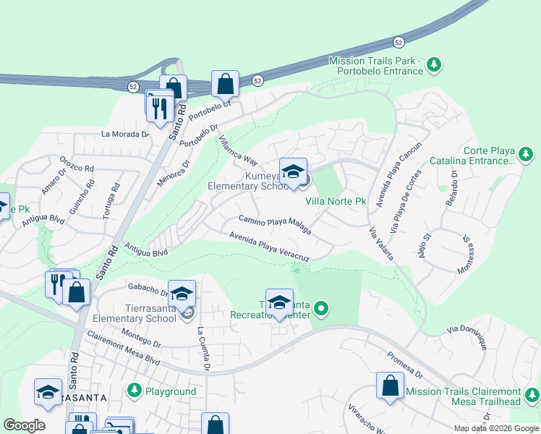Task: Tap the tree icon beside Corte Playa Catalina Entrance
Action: click(x=527, y=154)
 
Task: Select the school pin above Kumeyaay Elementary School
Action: click(x=293, y=172)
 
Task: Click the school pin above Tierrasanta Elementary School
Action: click(x=182, y=294)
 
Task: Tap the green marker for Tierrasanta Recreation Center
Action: click(x=321, y=310)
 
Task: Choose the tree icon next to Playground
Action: click(x=134, y=391)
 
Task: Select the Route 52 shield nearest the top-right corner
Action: click(x=399, y=43)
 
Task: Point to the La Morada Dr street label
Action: click(x=125, y=134)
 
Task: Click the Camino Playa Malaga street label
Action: click(x=276, y=225)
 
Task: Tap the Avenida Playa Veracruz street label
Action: click(x=269, y=247)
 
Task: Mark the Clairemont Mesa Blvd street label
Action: click(x=122, y=348)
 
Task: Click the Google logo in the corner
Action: click(x=24, y=425)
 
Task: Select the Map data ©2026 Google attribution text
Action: click(x=496, y=428)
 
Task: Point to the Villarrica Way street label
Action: click(x=238, y=149)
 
